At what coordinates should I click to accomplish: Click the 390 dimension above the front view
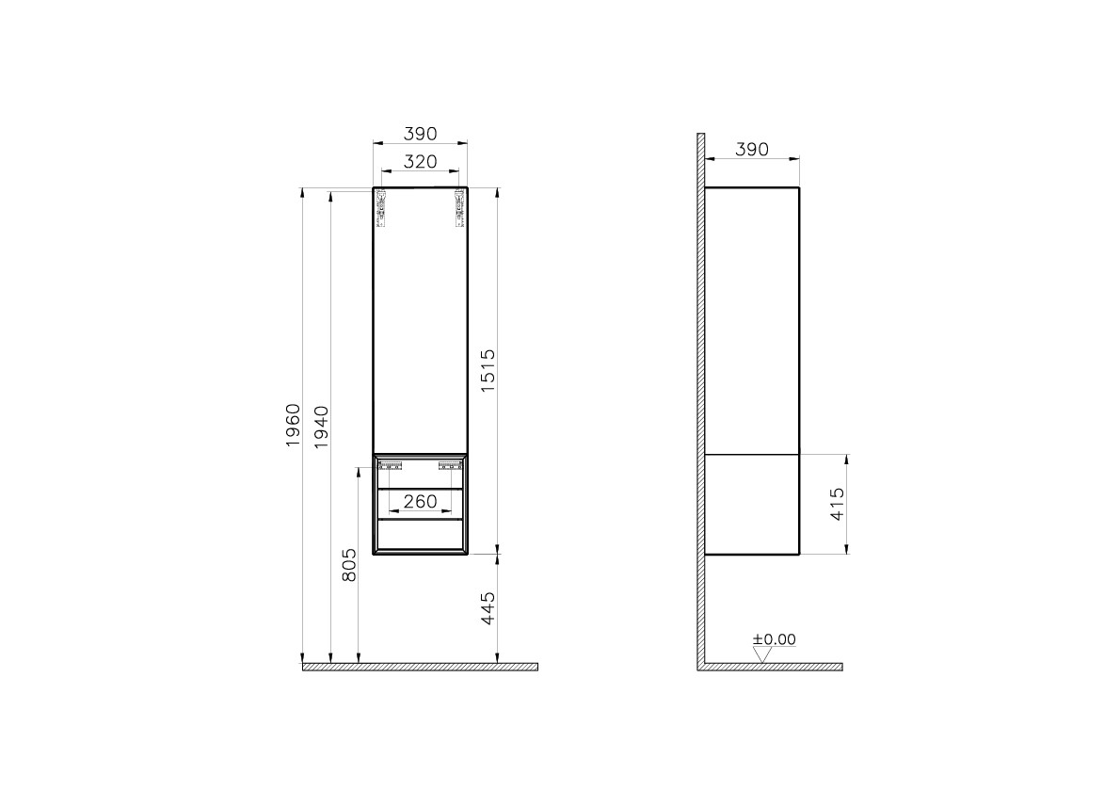(x=420, y=134)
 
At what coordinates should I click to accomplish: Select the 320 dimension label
(x=420, y=161)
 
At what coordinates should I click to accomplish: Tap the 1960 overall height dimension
(x=292, y=425)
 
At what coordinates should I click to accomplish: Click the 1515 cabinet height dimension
(x=488, y=371)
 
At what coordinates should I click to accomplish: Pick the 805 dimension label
(x=349, y=565)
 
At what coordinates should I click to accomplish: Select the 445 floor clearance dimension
(x=488, y=609)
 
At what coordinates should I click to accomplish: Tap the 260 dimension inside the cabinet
(x=420, y=502)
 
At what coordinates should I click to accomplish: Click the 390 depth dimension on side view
(x=751, y=149)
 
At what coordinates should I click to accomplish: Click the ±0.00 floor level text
(x=774, y=639)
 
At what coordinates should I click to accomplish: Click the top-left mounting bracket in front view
(x=382, y=208)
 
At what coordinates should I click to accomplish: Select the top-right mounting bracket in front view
(x=457, y=208)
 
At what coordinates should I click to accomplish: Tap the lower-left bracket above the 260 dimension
(x=392, y=463)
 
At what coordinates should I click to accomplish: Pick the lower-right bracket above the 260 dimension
(x=450, y=463)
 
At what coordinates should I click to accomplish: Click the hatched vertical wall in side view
(x=700, y=395)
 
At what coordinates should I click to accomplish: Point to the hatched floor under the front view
(x=420, y=667)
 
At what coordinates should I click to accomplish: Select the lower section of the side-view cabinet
(x=751, y=504)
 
